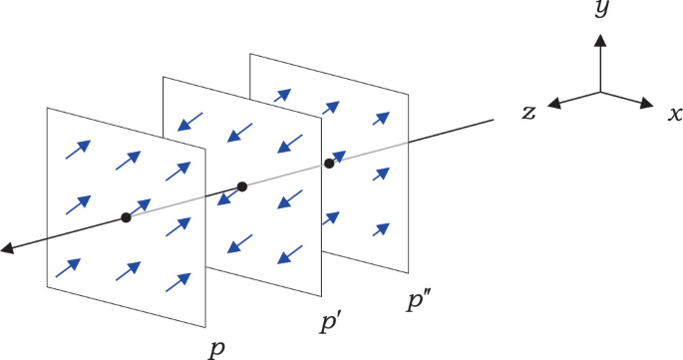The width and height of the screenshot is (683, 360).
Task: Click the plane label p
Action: [x=216, y=348]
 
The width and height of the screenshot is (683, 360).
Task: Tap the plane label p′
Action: [x=330, y=321]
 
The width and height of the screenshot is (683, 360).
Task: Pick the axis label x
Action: [x=675, y=112]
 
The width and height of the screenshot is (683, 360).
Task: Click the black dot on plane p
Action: [x=126, y=217]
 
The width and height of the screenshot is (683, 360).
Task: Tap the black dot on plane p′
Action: [x=241, y=186]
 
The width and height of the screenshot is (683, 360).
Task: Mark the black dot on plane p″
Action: [x=329, y=163]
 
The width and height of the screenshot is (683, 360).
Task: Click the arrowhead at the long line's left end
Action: [x=7, y=248]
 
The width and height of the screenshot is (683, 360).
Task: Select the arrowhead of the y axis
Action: [x=599, y=40]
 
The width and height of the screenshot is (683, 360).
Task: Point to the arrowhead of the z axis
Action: [x=553, y=104]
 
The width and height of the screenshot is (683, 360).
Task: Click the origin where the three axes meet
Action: [x=599, y=91]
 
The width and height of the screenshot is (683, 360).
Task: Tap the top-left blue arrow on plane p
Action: [x=78, y=149]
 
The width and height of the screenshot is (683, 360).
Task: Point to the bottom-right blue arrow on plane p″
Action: [x=381, y=228]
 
